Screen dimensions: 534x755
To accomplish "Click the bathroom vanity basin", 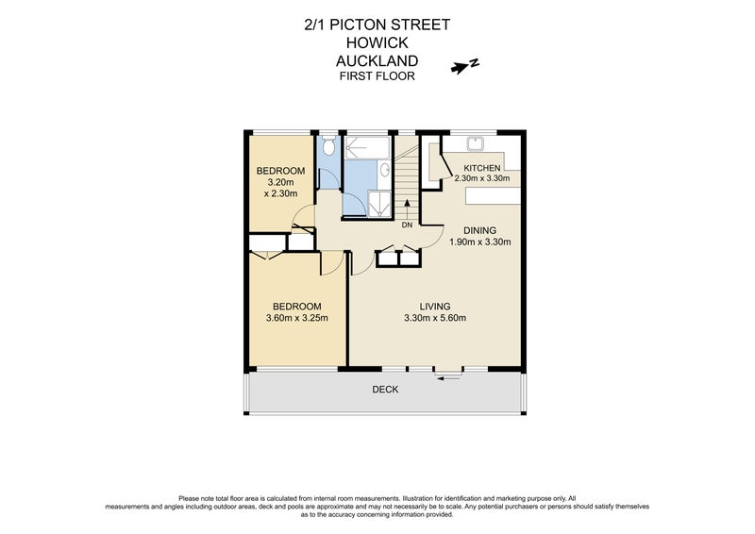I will [x=385, y=171].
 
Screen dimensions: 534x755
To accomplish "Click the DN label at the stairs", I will [x=407, y=225].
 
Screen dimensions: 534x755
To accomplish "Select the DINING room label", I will [x=481, y=229].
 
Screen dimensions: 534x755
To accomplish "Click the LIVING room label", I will [x=435, y=306].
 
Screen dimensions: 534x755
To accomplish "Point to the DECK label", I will [x=385, y=389].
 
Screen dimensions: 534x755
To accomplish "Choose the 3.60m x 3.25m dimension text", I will [x=297, y=318].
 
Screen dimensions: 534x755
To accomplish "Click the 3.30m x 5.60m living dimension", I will [x=435, y=318].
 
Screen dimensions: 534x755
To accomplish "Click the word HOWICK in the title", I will [x=377, y=44].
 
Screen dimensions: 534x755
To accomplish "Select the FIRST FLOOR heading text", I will [x=377, y=76].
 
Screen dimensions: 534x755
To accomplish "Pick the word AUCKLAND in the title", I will [x=377, y=61].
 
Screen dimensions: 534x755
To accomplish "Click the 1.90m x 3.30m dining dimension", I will [x=481, y=242].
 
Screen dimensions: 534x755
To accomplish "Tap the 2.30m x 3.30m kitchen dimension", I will [x=481, y=178].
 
